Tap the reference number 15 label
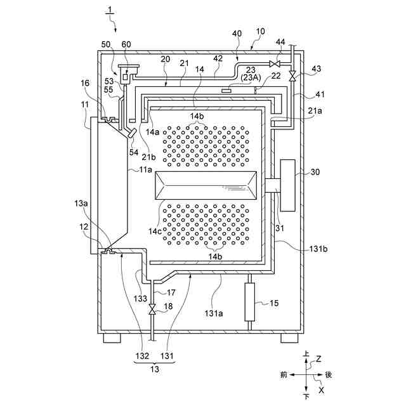[274, 303]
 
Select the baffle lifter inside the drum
[206, 185]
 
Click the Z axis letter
[319, 358]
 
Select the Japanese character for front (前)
[283, 375]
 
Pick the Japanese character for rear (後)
[329, 375]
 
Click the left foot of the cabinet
[112, 339]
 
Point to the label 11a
[145, 169]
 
